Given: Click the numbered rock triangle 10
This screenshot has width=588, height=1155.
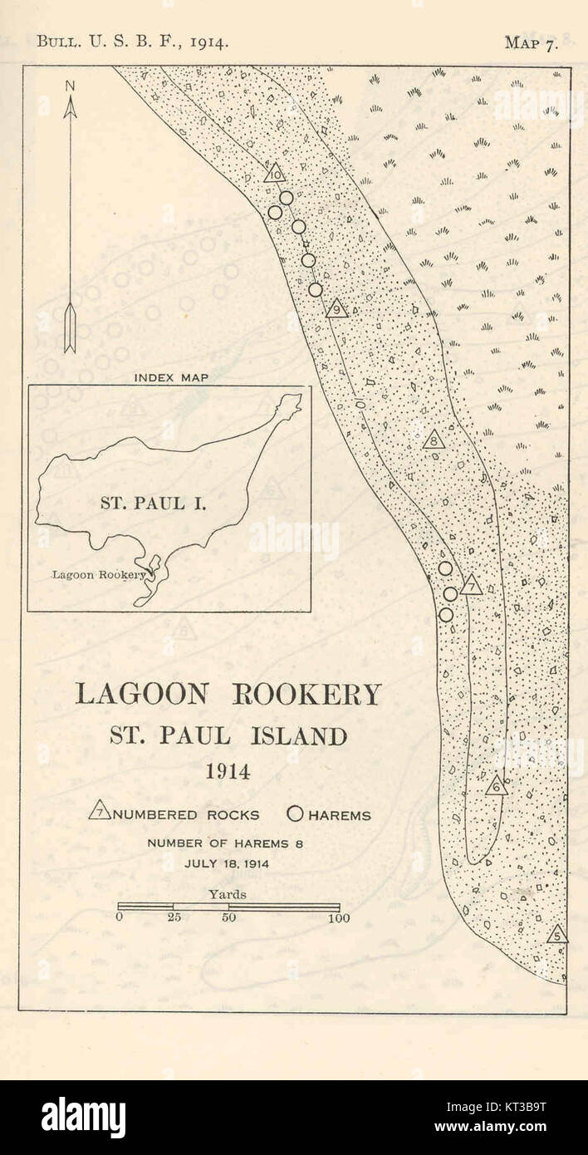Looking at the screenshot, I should pyautogui.click(x=274, y=174).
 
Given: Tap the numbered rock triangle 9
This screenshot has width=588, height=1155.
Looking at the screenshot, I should pyautogui.click(x=336, y=309).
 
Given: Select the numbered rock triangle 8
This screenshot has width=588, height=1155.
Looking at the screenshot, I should pyautogui.click(x=434, y=440).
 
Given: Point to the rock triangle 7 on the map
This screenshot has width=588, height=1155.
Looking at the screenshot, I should pyautogui.click(x=471, y=586).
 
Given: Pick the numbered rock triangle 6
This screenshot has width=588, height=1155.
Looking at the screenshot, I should pyautogui.click(x=496, y=785).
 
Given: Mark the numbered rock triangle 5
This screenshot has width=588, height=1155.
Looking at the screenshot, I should pyautogui.click(x=557, y=934).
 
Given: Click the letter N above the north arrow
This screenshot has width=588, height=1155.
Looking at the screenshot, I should pyautogui.click(x=70, y=86).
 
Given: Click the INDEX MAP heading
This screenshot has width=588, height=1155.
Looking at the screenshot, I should pyautogui.click(x=171, y=377).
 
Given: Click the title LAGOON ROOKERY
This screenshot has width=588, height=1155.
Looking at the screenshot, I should pyautogui.click(x=228, y=695).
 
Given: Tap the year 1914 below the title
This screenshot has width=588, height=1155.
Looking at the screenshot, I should pyautogui.click(x=228, y=771).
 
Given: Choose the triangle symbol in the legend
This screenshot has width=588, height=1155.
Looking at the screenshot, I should pyautogui.click(x=100, y=811).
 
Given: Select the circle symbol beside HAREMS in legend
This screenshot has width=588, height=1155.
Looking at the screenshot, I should pyautogui.click(x=296, y=814).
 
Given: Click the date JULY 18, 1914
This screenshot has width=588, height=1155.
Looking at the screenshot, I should pyautogui.click(x=227, y=863).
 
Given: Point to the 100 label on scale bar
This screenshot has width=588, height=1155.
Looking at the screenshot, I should pyautogui.click(x=338, y=918).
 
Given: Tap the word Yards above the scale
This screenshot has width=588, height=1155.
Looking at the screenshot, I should pyautogui.click(x=228, y=894).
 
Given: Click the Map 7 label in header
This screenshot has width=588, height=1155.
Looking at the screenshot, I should pyautogui.click(x=532, y=43).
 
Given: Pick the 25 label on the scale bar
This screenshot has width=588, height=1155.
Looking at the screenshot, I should pyautogui.click(x=174, y=918).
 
